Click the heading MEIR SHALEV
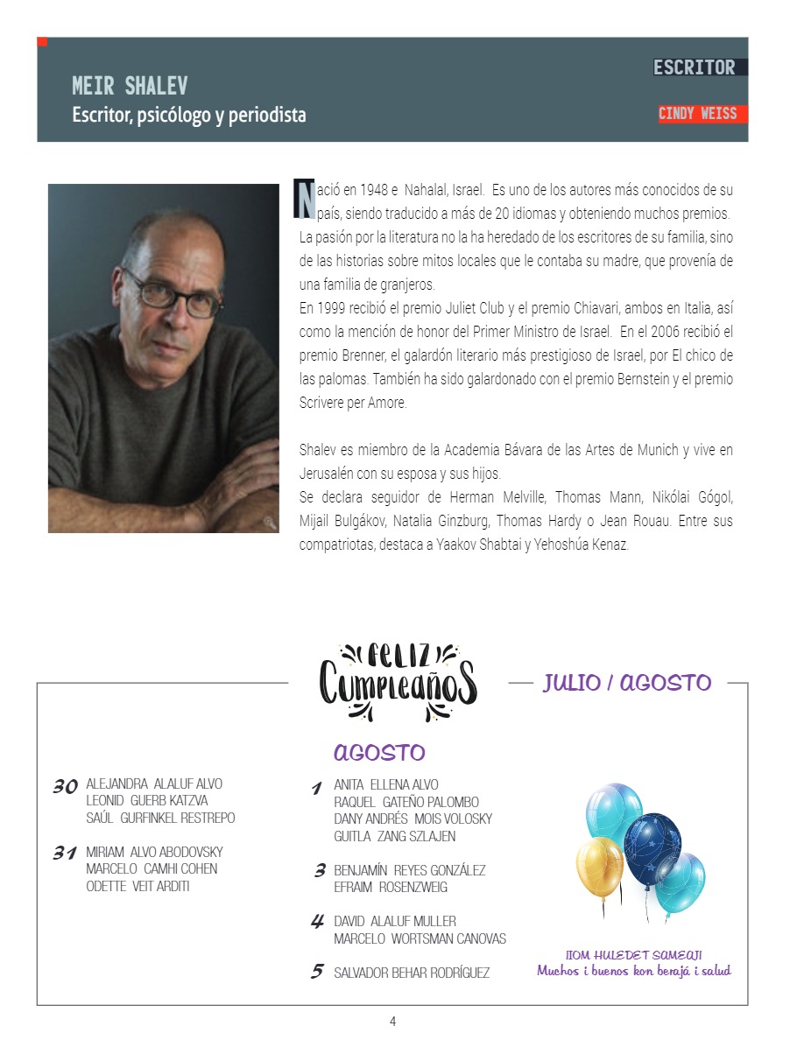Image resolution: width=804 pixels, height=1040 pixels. (x=130, y=87)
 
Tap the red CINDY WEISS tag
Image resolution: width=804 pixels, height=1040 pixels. (x=698, y=114)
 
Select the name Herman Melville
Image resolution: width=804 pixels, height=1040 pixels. (x=487, y=497)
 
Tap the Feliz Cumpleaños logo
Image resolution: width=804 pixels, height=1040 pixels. (x=398, y=682)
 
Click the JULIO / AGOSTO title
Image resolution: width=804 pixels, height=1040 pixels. (x=626, y=683)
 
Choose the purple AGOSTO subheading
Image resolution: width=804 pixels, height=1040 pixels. (x=379, y=753)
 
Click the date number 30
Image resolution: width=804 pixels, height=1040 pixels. (x=65, y=787)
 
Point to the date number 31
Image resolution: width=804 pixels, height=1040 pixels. (x=64, y=854)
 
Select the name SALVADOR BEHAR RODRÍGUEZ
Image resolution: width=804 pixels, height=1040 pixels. (x=412, y=973)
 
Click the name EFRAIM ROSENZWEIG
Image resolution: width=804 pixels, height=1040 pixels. (x=391, y=887)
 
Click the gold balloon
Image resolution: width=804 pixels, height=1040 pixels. (x=600, y=866)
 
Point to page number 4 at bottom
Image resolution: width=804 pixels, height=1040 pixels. (x=393, y=1021)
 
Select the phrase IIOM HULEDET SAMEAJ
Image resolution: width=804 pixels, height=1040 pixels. (x=634, y=955)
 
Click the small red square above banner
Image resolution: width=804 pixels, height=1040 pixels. (x=42, y=41)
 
